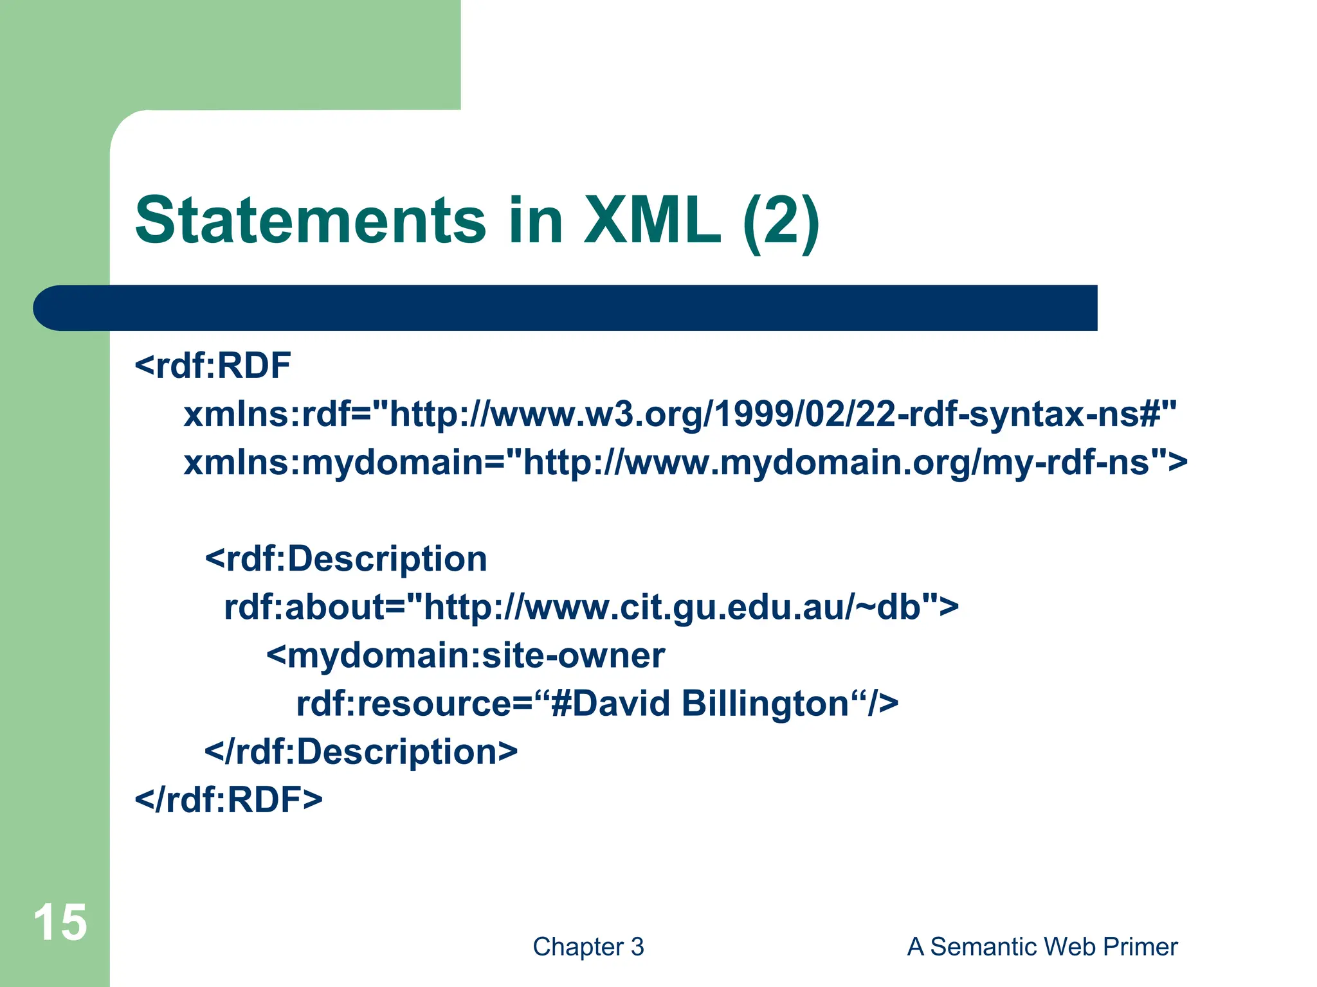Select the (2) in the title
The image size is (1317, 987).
[x=780, y=220]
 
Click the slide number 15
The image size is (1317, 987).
[x=60, y=923]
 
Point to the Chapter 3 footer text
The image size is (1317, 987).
[x=588, y=947]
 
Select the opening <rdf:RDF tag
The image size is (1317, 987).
[x=213, y=366]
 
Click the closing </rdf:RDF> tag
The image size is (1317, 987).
[x=228, y=800]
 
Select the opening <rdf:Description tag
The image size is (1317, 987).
[x=346, y=559]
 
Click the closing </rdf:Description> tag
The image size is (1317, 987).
[x=361, y=752]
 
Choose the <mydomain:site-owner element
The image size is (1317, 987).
[x=466, y=655]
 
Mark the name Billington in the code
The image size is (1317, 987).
[x=765, y=704]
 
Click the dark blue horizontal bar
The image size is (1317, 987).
[x=566, y=308]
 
